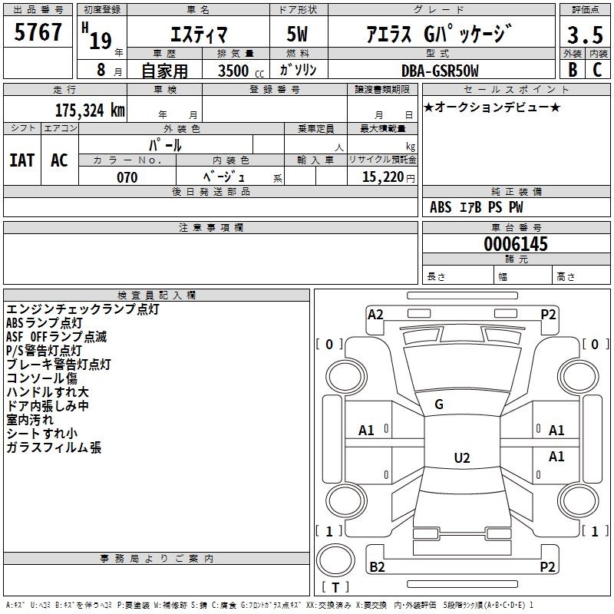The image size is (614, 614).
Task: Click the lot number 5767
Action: (38, 32)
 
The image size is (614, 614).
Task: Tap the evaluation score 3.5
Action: (585, 35)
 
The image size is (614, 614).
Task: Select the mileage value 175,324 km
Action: (90, 110)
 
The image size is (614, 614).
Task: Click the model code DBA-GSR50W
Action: (440, 71)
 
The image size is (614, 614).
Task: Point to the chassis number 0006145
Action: (516, 244)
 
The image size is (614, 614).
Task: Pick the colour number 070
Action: (127, 177)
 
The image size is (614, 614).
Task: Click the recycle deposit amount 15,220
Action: (383, 177)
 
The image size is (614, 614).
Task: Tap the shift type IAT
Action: (22, 160)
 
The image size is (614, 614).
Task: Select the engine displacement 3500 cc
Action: (241, 71)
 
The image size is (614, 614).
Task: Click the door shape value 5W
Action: (297, 34)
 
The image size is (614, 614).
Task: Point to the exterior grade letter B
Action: (573, 70)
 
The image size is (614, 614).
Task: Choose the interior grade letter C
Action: (597, 70)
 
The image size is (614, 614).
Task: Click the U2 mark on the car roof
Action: (462, 457)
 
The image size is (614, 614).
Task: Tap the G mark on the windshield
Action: (439, 404)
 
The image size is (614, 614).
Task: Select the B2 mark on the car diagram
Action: (377, 566)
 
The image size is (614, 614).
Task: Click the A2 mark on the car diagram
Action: (375, 315)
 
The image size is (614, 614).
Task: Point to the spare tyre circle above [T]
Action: (335, 560)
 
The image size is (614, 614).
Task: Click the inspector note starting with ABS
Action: (45, 323)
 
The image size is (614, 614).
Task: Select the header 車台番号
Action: (517, 227)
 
